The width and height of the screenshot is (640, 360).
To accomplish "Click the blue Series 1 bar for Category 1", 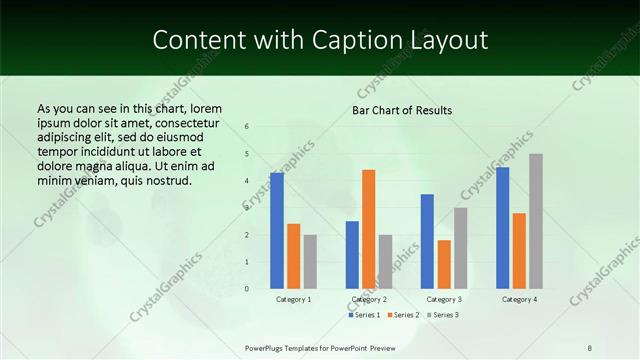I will tap(277, 231).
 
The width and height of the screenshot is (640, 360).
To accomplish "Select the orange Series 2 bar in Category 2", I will tap(369, 229).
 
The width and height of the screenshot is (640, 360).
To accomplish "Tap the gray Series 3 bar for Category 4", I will tap(536, 221).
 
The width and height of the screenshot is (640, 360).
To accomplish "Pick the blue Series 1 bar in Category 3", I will tap(427, 241).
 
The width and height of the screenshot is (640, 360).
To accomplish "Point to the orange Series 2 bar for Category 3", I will tap(444, 264).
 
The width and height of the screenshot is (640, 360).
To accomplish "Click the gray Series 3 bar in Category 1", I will tap(310, 262).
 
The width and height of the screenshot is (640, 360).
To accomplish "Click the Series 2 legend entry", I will tap(403, 315).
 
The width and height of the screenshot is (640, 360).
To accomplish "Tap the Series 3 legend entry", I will tap(442, 315).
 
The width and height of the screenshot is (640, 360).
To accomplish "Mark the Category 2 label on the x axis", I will tap(369, 299).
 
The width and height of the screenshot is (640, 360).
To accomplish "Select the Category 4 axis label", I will tap(519, 299).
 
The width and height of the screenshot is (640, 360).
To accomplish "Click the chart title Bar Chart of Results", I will tap(402, 110).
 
